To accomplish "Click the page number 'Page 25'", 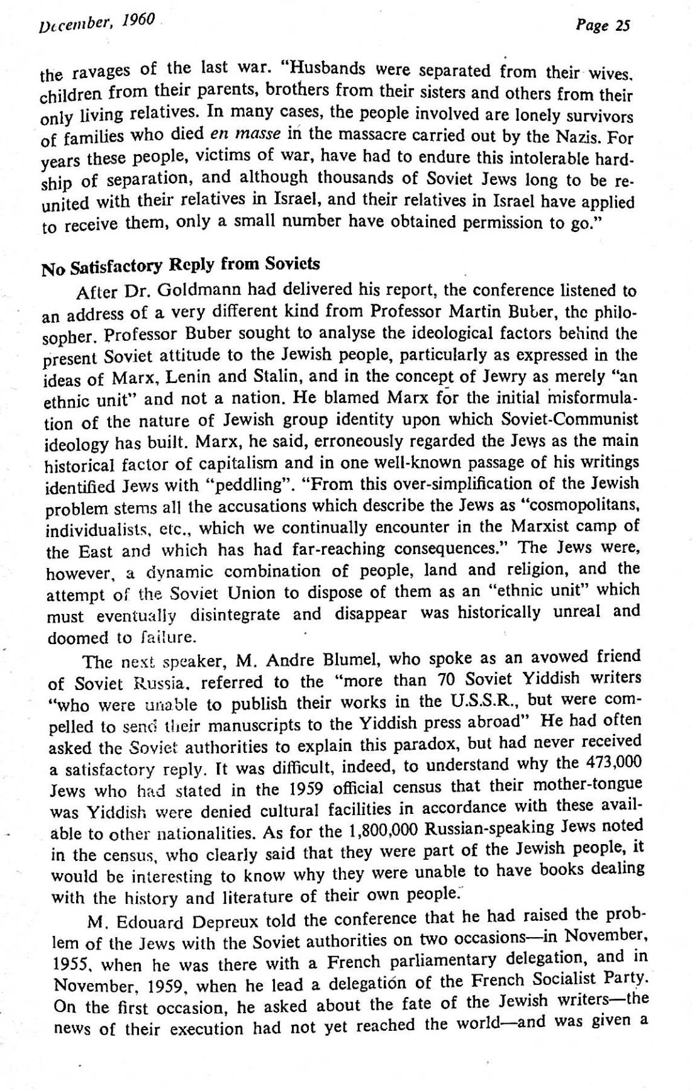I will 602,26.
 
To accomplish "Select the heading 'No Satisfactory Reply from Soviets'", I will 181,266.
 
